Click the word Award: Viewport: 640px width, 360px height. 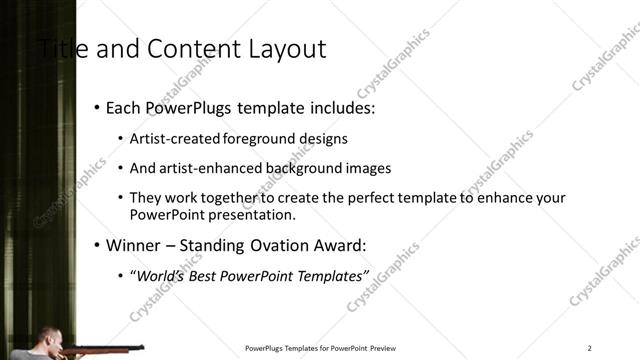[x=342, y=245]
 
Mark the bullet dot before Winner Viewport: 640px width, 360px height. [x=96, y=245]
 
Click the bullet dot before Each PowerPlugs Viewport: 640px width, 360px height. [x=96, y=107]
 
